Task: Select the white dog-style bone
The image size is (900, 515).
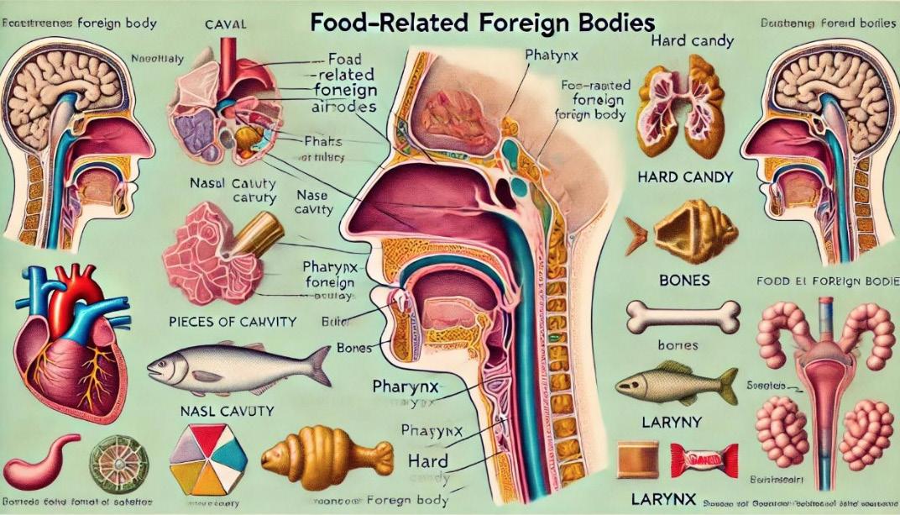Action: pyautogui.click(x=683, y=317)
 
